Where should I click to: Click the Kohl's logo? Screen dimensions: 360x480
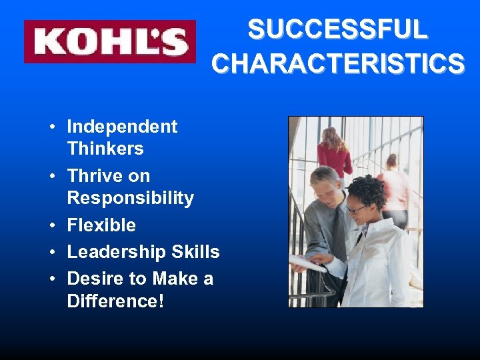pyautogui.click(x=110, y=41)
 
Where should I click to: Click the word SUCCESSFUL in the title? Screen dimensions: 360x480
pyautogui.click(x=337, y=30)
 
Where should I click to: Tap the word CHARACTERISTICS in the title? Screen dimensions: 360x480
pyautogui.click(x=338, y=63)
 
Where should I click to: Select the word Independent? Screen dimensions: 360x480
pyautogui.click(x=122, y=127)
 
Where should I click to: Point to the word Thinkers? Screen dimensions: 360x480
pyautogui.click(x=105, y=148)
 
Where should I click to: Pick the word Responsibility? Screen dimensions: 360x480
pyautogui.click(x=131, y=198)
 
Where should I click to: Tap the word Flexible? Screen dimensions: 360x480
pyautogui.click(x=101, y=225)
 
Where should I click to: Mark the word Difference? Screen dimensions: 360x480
pyautogui.click(x=115, y=301)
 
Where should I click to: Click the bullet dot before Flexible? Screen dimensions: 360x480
pyautogui.click(x=51, y=226)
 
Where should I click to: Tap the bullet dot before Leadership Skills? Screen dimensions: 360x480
pyautogui.click(x=51, y=253)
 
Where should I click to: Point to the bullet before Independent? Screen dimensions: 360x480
pyautogui.click(x=51, y=127)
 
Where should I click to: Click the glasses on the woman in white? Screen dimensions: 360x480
pyautogui.click(x=357, y=209)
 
